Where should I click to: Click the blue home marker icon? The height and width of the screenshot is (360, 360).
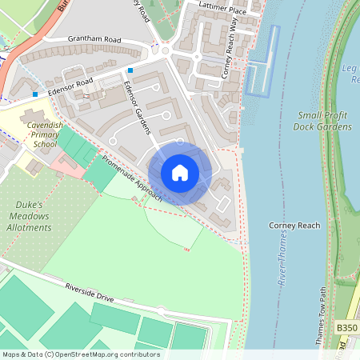coord(180,173)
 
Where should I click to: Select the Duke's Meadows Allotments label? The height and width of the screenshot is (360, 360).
coord(33,216)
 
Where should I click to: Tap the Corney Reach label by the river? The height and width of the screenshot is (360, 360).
coord(294,226)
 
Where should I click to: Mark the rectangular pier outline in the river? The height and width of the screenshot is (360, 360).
coord(262,61)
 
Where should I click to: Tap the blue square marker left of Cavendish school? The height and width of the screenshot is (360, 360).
coord(35,94)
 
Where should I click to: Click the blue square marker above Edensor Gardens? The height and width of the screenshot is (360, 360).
coord(130,70)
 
